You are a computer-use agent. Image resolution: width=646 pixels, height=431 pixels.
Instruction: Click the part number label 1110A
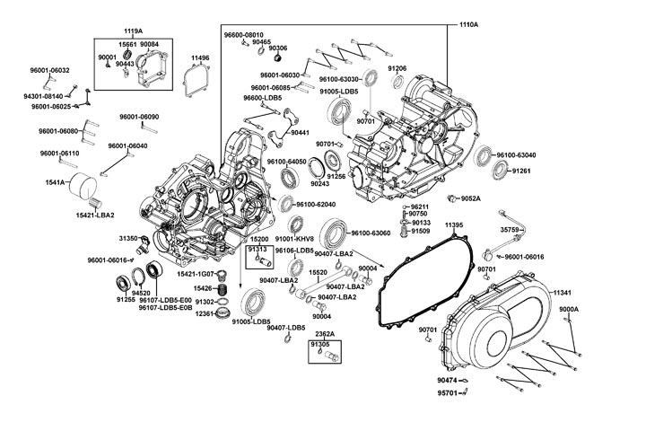coord(468,24)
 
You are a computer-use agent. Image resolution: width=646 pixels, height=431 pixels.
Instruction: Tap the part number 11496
coord(200,57)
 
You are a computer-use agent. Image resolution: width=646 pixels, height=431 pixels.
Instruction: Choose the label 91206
coord(397,68)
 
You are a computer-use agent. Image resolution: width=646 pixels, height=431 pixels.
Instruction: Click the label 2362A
coord(326,333)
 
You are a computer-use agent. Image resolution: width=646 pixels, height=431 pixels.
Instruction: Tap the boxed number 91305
coord(319,344)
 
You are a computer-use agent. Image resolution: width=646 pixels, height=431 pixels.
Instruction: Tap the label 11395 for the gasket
coord(454,224)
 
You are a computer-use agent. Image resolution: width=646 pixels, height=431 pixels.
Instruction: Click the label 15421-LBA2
coord(95,215)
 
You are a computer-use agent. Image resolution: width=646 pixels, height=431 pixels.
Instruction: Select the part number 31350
coord(129,238)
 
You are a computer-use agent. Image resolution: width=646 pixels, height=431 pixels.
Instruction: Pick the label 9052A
coord(470,198)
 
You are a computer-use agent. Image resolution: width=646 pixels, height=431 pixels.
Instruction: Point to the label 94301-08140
coord(42,95)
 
